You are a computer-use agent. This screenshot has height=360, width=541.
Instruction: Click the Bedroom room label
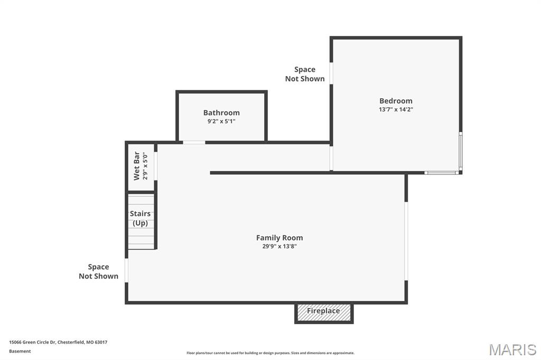396,101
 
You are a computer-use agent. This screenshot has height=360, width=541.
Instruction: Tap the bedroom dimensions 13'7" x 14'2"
396,110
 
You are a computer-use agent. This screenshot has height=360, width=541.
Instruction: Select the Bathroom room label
221,112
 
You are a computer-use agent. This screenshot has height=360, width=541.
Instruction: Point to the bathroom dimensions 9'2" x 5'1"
221,121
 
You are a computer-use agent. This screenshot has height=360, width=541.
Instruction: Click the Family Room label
279,238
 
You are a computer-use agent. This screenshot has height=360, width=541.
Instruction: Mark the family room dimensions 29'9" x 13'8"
279,246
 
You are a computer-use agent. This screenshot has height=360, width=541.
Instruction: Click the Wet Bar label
136,166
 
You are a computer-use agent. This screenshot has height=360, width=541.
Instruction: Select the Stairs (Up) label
140,218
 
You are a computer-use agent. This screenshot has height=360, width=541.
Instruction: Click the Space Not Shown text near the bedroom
305,74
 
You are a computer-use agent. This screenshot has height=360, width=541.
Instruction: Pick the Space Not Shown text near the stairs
98,271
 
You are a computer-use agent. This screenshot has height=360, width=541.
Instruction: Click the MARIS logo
512,349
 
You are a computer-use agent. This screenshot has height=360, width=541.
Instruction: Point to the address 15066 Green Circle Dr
58,342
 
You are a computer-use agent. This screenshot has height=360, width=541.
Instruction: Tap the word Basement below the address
20,351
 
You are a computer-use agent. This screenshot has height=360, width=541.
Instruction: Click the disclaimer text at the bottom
270,353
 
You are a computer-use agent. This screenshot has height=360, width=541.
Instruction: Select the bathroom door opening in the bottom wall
194,142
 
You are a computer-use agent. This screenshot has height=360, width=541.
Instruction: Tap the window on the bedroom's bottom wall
442,172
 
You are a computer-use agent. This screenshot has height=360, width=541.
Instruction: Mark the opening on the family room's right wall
406,241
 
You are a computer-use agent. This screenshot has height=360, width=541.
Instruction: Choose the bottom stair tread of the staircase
141,245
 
